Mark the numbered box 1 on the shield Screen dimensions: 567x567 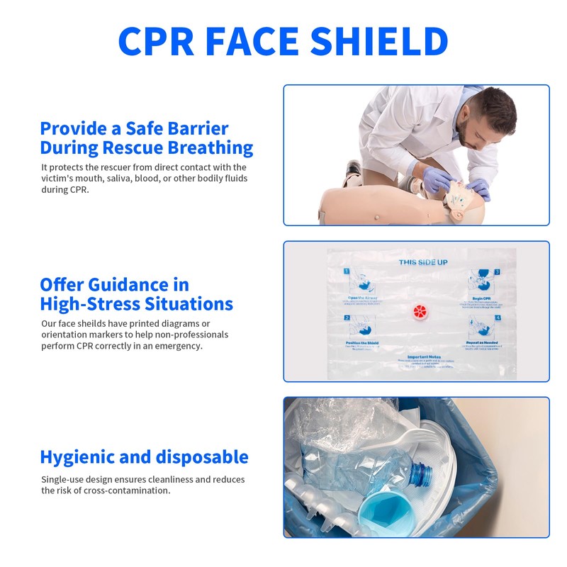coord(347,271)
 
